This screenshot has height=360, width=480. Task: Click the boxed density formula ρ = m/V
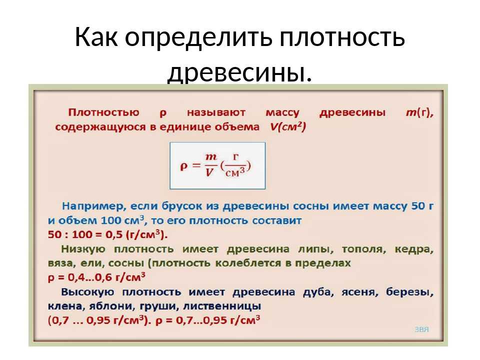pos(217,165)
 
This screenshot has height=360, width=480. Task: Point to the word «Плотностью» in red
pos(103,112)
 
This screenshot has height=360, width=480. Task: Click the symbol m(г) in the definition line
pos(419,112)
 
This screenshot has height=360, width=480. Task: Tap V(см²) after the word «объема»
pos(288,126)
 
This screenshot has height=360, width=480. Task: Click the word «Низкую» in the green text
pos(83,249)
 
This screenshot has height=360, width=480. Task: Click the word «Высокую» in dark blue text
pos(87,291)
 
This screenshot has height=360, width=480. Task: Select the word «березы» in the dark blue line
pos(409,292)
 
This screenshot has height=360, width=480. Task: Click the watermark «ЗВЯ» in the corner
pos(422,329)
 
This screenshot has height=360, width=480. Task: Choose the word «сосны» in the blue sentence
pos(310,206)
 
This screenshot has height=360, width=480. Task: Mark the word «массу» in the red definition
pos(282,113)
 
